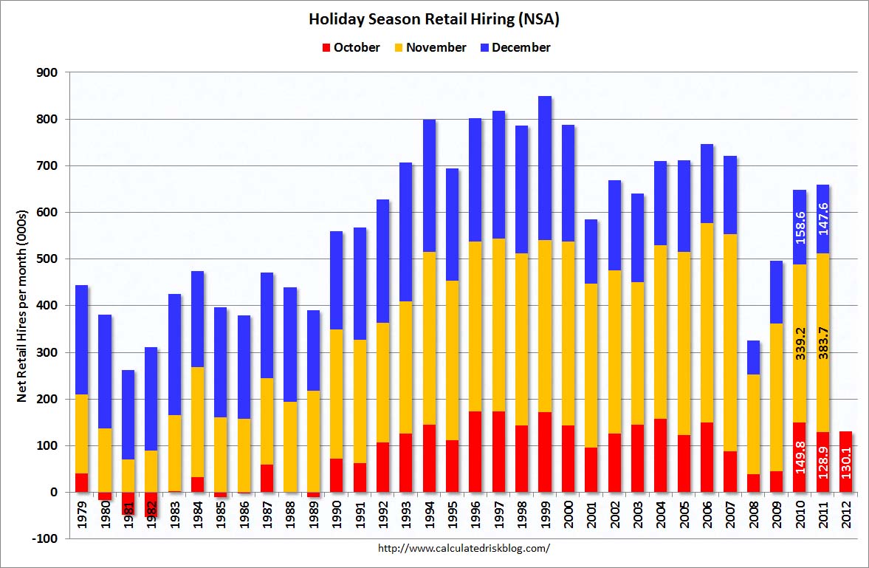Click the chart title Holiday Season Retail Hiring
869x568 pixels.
[434, 20]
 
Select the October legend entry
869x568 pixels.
[351, 47]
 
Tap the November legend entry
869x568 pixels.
[430, 47]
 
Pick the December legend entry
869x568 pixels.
[515, 47]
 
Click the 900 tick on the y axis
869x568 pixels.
[47, 72]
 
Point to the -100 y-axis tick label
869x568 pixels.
[44, 538]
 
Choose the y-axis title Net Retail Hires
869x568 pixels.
[22, 306]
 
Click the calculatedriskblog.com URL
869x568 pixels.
[464, 548]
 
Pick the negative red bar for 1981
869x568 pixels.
[128, 503]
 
